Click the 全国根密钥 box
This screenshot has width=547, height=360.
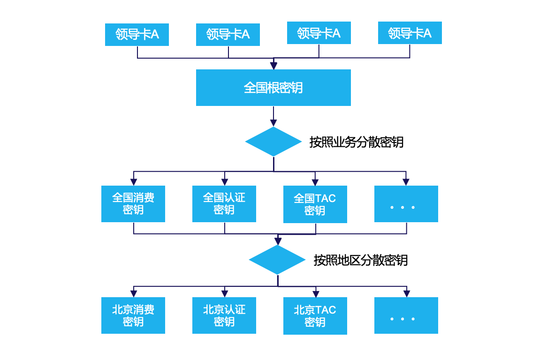[273, 88]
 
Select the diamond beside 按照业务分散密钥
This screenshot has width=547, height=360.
[273, 142]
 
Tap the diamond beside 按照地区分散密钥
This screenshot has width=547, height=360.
[277, 260]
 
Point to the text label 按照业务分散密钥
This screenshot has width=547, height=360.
[356, 142]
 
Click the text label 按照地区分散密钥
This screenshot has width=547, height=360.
[360, 260]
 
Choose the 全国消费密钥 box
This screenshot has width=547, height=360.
[133, 204]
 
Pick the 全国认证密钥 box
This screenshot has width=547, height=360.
[224, 204]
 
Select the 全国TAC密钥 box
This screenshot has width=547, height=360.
[315, 204]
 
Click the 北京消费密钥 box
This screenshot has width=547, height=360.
[133, 315]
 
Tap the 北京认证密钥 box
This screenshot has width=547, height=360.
[224, 315]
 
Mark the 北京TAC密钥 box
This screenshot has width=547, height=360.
[315, 316]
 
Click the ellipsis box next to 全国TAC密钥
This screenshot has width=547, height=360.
[406, 204]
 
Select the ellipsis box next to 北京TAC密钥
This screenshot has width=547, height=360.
[406, 315]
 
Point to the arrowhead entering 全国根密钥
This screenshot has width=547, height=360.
[273, 66]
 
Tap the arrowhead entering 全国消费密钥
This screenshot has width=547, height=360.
[134, 182]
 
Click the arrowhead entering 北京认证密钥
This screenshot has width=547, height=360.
[225, 293]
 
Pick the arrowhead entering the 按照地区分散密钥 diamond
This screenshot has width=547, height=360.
[278, 241]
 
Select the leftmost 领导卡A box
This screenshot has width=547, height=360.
[137, 34]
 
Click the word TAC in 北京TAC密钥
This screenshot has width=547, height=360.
[326, 310]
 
